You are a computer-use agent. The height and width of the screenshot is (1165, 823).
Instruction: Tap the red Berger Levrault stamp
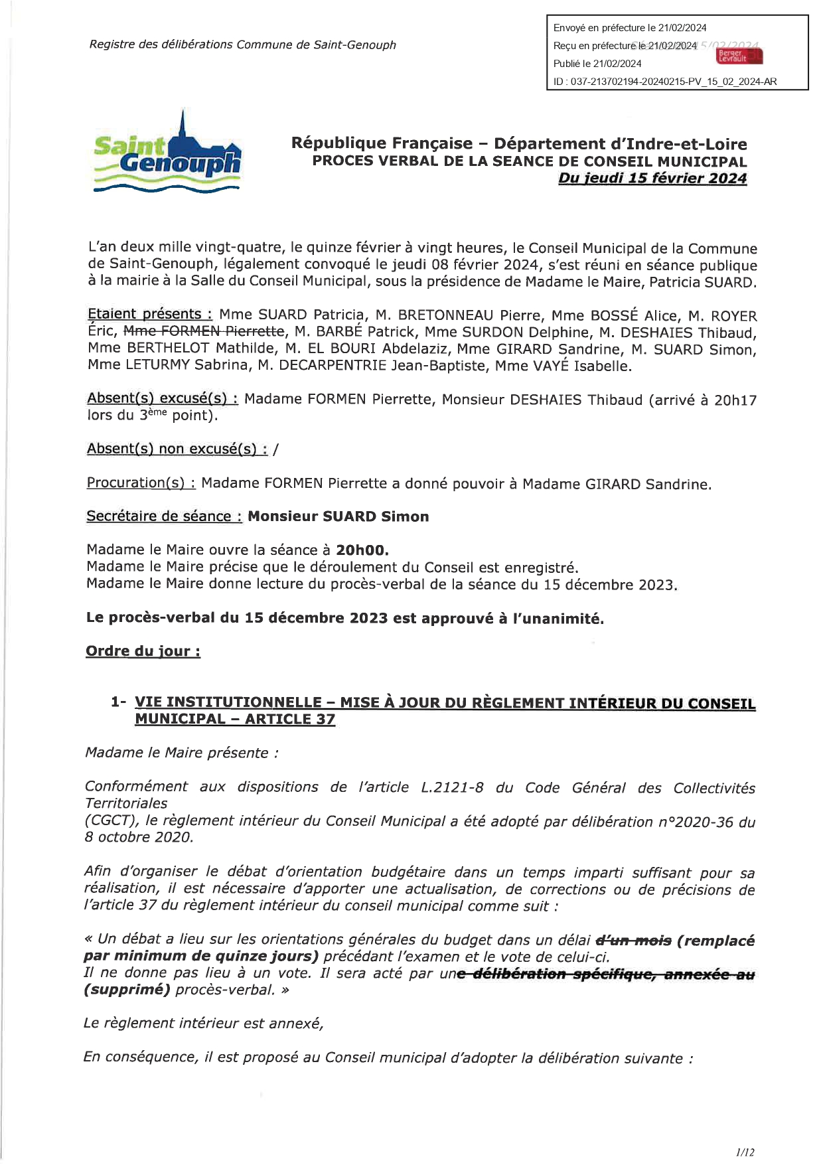[x=739, y=56]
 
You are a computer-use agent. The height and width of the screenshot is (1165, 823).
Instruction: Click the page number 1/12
[x=745, y=1152]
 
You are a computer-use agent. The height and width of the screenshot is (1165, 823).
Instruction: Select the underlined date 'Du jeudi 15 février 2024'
[x=652, y=179]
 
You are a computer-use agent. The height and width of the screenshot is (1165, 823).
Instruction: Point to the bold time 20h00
[x=362, y=550]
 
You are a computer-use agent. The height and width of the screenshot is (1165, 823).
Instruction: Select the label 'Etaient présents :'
[x=150, y=314]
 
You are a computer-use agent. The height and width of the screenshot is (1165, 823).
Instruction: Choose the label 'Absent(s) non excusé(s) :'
[x=177, y=449]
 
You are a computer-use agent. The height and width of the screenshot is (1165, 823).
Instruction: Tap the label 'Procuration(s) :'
[x=141, y=483]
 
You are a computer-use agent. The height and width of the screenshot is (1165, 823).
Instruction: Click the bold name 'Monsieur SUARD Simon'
[x=338, y=516]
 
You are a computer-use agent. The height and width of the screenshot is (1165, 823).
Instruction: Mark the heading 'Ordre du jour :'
[x=143, y=651]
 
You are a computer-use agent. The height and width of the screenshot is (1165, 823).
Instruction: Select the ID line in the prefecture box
[x=665, y=82]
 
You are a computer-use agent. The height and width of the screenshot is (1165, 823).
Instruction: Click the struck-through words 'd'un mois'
[x=634, y=940]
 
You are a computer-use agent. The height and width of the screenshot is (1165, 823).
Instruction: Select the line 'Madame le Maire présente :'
[x=181, y=753]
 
